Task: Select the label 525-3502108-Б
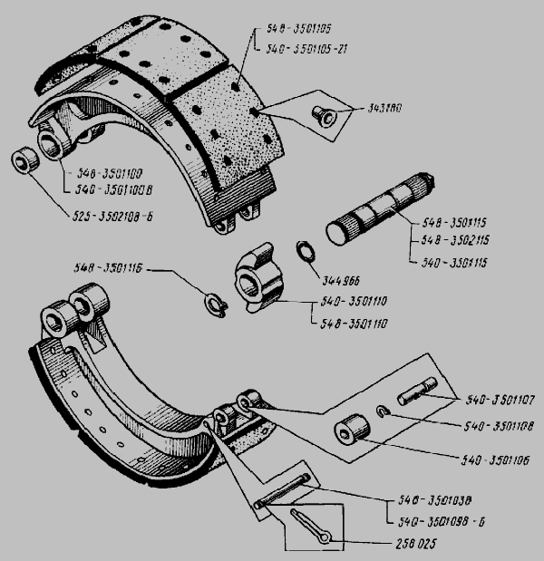[107, 215]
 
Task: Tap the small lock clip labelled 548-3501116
[215, 301]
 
